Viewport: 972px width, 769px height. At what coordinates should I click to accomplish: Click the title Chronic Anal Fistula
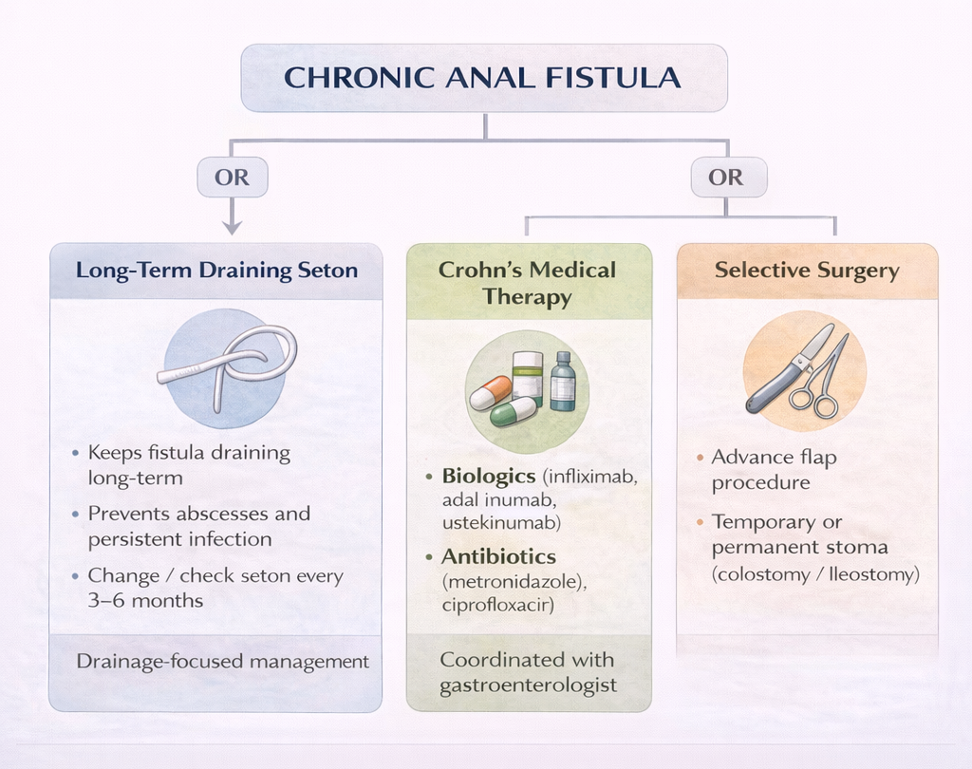pyautogui.click(x=483, y=77)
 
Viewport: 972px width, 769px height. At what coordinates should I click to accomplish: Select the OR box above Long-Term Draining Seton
pyautogui.click(x=232, y=178)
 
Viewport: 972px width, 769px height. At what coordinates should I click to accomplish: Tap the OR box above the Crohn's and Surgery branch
pyautogui.click(x=727, y=178)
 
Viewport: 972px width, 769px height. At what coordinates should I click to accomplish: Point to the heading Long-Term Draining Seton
pyautogui.click(x=216, y=271)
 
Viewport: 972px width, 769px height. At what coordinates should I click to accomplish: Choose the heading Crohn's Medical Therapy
pyautogui.click(x=528, y=283)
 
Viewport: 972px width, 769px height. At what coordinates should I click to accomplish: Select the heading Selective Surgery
pyautogui.click(x=806, y=271)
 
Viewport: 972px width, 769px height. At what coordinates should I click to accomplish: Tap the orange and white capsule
pyautogui.click(x=491, y=392)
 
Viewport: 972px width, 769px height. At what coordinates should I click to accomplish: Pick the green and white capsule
pyautogui.click(x=513, y=411)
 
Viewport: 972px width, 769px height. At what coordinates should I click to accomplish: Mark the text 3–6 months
pyautogui.click(x=145, y=600)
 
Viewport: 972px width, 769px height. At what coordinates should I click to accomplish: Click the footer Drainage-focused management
pyautogui.click(x=222, y=662)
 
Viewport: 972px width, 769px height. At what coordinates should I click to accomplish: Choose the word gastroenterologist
pyautogui.click(x=528, y=685)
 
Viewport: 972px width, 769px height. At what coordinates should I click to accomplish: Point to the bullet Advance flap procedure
pyautogui.click(x=774, y=470)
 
